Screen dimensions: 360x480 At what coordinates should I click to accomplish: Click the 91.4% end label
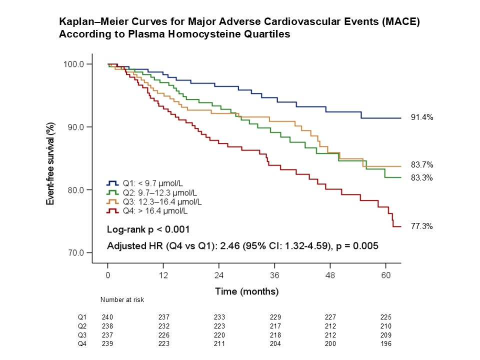click(422, 117)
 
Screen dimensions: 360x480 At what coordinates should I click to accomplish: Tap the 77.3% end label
click(422, 226)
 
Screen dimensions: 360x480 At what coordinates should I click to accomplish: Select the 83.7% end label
click(422, 165)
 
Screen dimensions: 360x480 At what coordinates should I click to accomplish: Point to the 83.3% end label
click(422, 178)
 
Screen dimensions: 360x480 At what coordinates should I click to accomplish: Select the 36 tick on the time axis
click(274, 275)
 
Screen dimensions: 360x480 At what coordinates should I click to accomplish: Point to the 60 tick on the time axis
click(385, 275)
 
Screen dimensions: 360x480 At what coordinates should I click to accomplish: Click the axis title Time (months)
click(246, 291)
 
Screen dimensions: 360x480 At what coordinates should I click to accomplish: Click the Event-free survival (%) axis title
click(50, 158)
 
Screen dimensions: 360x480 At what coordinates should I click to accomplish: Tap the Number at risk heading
click(122, 300)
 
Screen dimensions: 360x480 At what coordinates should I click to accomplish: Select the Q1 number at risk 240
click(107, 317)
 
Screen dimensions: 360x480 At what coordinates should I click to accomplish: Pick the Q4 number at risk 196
click(385, 344)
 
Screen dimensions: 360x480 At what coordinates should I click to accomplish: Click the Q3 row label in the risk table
click(81, 335)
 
